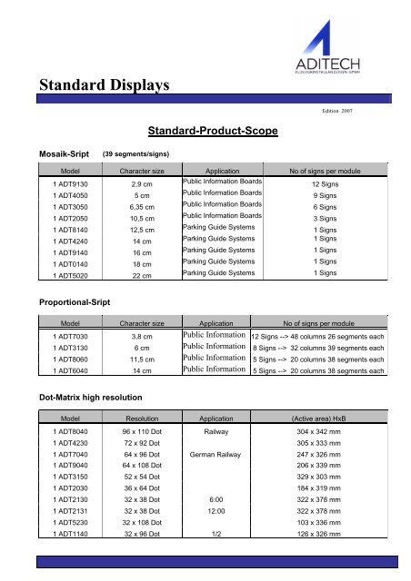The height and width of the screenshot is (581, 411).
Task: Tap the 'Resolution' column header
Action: click(141, 422)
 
